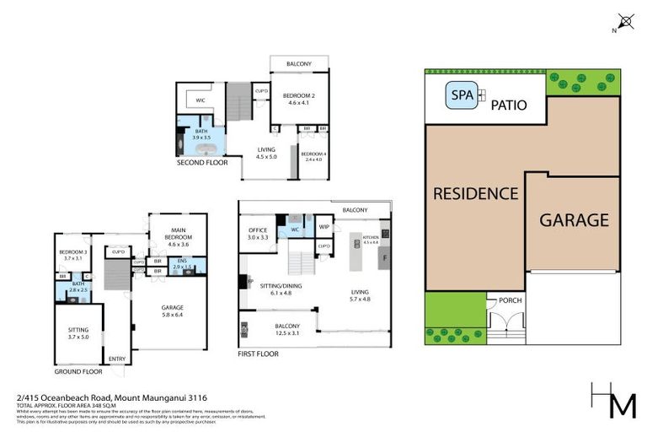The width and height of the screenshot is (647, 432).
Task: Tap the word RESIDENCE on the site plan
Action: [475, 193]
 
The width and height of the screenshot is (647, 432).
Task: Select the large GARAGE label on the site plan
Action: [574, 220]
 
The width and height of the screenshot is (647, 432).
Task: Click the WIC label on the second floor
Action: [201, 100]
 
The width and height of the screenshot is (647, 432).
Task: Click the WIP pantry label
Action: [323, 226]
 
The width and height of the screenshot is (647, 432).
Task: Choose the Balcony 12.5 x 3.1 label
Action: [276, 329]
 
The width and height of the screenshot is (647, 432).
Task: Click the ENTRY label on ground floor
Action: [116, 359]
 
